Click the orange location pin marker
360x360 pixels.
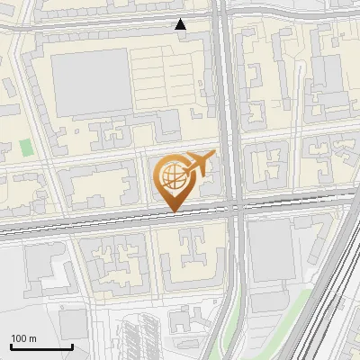point(174,180)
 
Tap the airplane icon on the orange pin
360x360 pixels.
point(199,164)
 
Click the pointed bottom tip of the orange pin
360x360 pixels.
point(173,211)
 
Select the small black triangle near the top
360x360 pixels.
point(181,24)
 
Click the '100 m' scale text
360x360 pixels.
point(23,338)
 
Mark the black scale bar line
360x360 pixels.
point(41,346)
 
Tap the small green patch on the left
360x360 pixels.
point(26,147)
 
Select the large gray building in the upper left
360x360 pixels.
point(91,83)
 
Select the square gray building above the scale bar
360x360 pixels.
point(72,323)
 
